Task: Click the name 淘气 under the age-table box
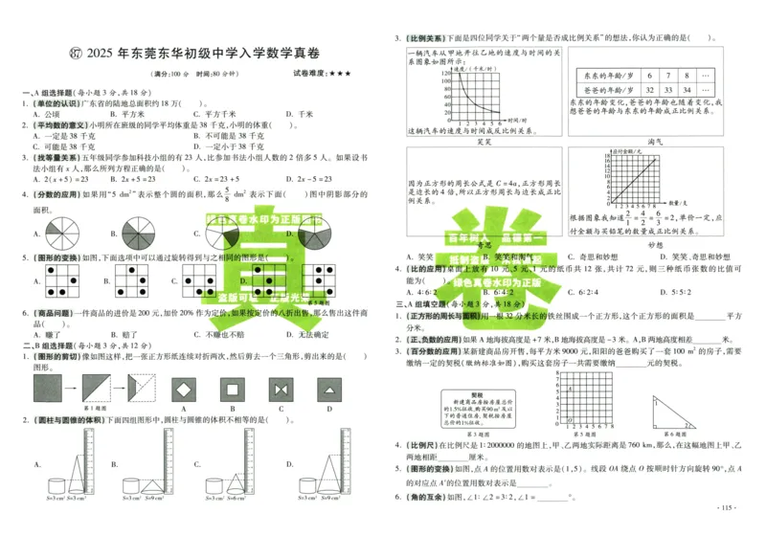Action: pos(655,140)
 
